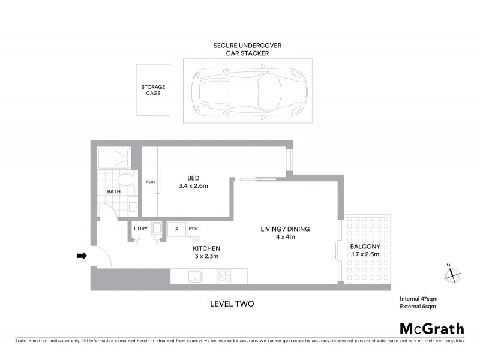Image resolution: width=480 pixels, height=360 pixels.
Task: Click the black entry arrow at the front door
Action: point(82,256)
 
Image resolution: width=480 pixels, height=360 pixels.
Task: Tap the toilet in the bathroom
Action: point(125,180)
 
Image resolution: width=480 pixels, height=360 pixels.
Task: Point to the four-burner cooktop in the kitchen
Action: point(224,277)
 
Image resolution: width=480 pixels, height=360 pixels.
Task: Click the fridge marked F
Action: point(176,229)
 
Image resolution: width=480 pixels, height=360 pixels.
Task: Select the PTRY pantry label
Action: point(193,229)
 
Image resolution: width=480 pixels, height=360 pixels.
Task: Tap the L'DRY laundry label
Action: point(140,229)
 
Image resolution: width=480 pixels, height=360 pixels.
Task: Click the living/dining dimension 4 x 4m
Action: point(285,236)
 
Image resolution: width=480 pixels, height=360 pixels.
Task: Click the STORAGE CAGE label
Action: point(153,90)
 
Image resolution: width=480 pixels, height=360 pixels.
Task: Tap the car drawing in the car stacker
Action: point(247,90)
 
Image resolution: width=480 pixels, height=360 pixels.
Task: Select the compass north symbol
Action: point(452,274)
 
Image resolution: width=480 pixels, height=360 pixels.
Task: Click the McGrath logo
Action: point(431,328)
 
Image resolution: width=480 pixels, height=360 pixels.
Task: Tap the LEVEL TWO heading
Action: point(232,304)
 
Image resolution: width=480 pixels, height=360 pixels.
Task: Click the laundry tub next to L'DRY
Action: point(157,229)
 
